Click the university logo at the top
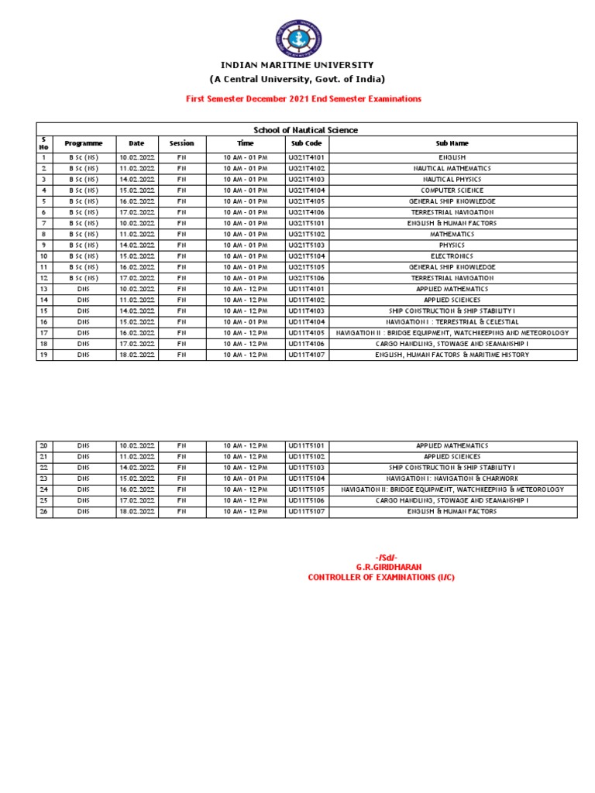tap(298, 39)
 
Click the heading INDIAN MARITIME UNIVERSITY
tap(297, 65)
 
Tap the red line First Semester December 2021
tap(303, 99)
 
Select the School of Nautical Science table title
tap(306, 130)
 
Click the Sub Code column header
tap(306, 143)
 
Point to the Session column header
tap(181, 143)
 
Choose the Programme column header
tap(84, 143)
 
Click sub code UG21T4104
tap(306, 190)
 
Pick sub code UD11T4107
tap(306, 355)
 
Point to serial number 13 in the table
tap(44, 289)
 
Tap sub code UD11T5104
tap(306, 479)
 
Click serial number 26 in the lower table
tap(44, 511)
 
